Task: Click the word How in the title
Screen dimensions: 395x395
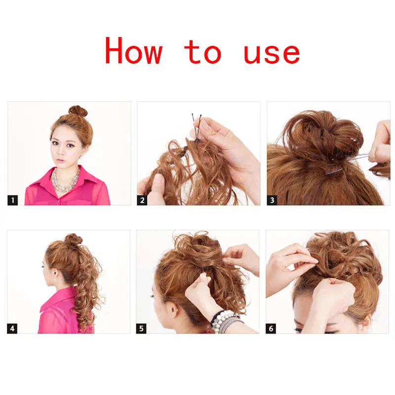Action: click(x=133, y=50)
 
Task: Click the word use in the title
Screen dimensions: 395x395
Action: click(x=272, y=54)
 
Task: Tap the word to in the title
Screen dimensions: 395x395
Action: click(x=203, y=52)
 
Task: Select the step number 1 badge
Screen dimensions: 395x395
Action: click(x=13, y=200)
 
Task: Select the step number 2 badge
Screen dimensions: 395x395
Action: click(x=142, y=200)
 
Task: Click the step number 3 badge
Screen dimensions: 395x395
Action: click(x=272, y=200)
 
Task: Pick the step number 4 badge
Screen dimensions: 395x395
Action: click(x=12, y=328)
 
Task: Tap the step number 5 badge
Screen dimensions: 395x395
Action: click(x=141, y=328)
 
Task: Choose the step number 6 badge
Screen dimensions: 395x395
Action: click(x=271, y=328)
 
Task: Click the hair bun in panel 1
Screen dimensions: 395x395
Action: click(x=78, y=112)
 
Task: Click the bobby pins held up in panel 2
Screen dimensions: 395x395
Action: click(x=197, y=127)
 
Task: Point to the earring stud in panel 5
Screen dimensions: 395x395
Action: click(x=172, y=315)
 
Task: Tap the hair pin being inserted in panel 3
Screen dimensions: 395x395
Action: click(x=348, y=164)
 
